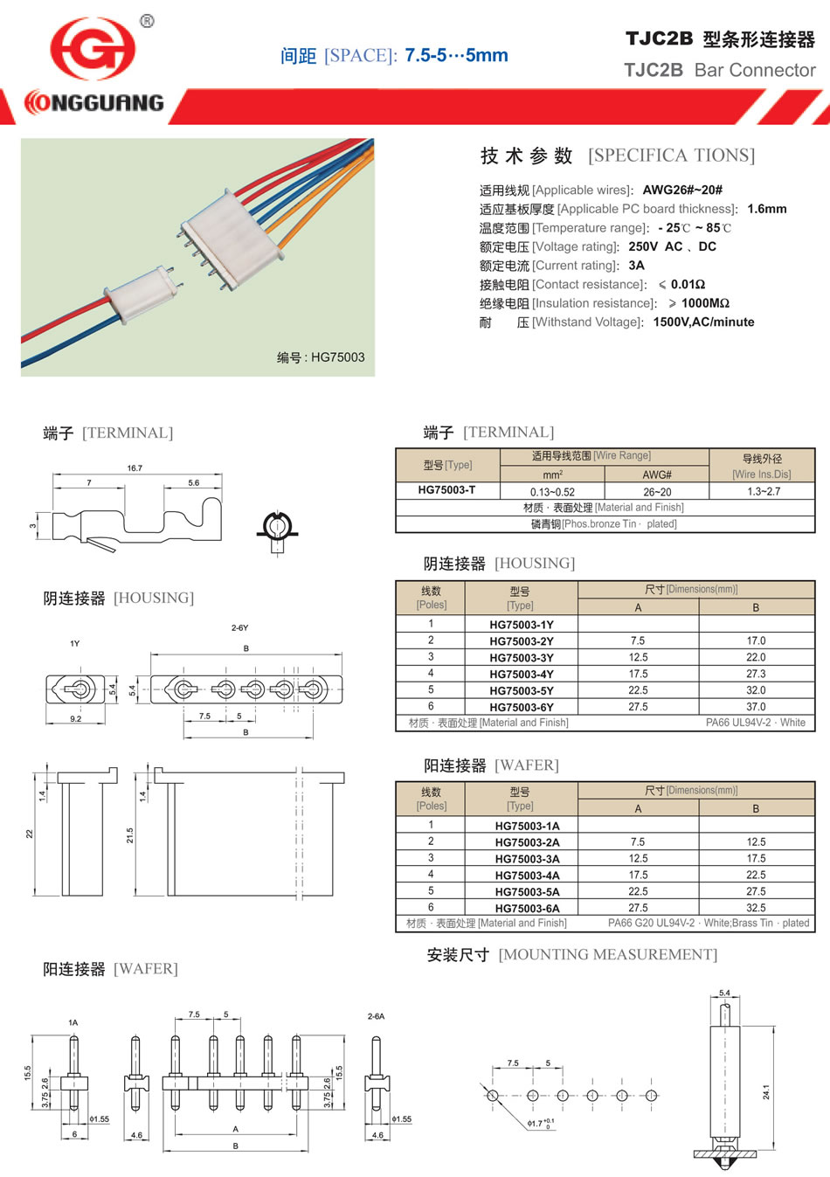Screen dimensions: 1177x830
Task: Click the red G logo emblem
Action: (x=93, y=49)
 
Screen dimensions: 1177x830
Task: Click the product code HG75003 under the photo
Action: (x=337, y=357)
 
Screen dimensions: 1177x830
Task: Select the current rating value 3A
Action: (x=636, y=266)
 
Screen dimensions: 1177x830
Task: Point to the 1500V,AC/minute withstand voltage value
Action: (x=703, y=322)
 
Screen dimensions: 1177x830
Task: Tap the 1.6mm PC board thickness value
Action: (x=766, y=209)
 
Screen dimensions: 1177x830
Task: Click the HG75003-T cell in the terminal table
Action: (x=446, y=490)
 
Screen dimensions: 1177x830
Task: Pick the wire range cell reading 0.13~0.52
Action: (x=552, y=492)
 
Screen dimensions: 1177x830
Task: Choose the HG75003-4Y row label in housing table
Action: (x=521, y=675)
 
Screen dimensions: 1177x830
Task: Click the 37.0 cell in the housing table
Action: (x=756, y=707)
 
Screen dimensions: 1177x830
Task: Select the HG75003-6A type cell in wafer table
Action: (x=527, y=909)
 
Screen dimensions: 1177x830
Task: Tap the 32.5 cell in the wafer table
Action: (x=756, y=908)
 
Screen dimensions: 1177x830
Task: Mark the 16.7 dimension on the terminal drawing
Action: (x=135, y=468)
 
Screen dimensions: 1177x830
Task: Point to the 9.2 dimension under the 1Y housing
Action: (x=76, y=719)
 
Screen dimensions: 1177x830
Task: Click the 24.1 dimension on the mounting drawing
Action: (x=766, y=1092)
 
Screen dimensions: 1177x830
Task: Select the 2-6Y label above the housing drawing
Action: (x=239, y=628)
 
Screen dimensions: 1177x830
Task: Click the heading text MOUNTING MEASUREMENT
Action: (x=607, y=955)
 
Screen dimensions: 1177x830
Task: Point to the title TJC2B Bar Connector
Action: (x=719, y=71)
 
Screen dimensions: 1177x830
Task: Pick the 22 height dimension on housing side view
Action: (x=30, y=834)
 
